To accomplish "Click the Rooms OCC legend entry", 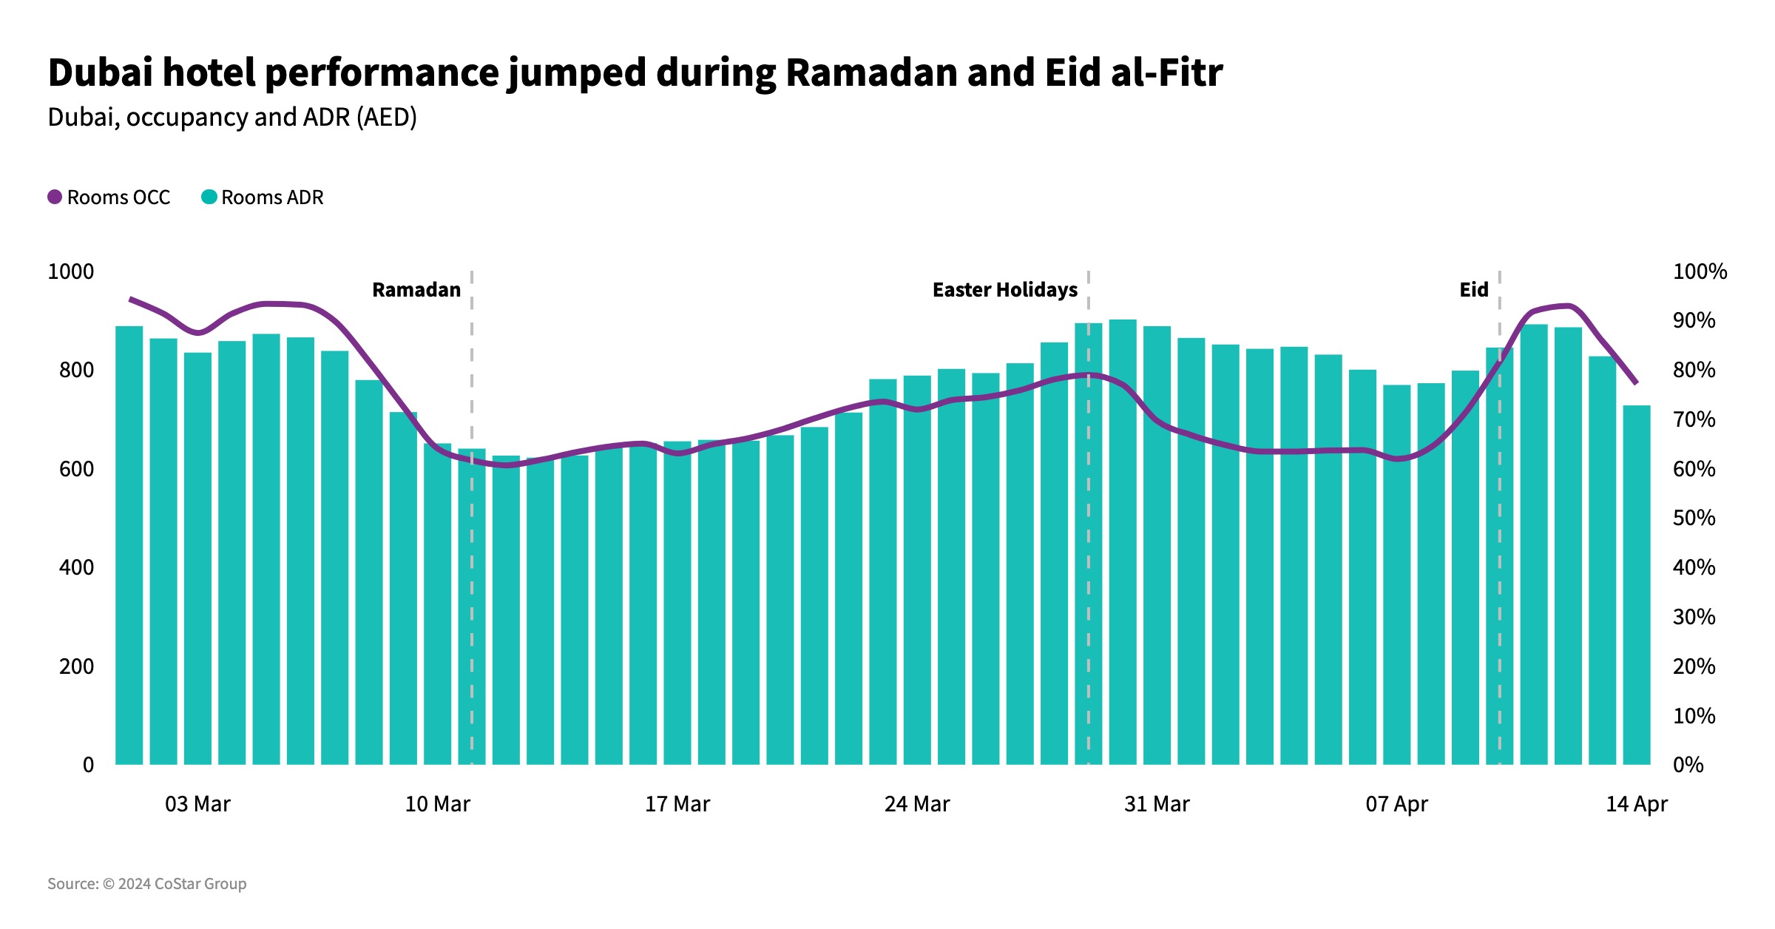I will pyautogui.click(x=109, y=197).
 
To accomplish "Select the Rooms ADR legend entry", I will pyautogui.click(x=263, y=197).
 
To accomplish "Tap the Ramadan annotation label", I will pyautogui.click(x=416, y=290).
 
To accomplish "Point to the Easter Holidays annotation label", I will pyautogui.click(x=1005, y=290).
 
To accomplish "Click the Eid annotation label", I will pyautogui.click(x=1473, y=290).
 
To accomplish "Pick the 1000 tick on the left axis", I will pyautogui.click(x=71, y=271).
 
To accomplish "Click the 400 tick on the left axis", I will pyautogui.click(x=76, y=567).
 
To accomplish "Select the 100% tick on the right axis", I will pyautogui.click(x=1700, y=271).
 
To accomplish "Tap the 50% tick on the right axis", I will pyautogui.click(x=1694, y=518).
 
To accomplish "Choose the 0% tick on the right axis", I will pyautogui.click(x=1688, y=765).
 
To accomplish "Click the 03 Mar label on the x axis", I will pyautogui.click(x=197, y=804).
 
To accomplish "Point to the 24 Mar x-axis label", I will pyautogui.click(x=917, y=804).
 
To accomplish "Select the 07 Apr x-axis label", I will pyautogui.click(x=1396, y=804).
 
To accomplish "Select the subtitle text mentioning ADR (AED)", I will pyautogui.click(x=232, y=118).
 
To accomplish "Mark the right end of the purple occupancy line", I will pyautogui.click(x=1636, y=382).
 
